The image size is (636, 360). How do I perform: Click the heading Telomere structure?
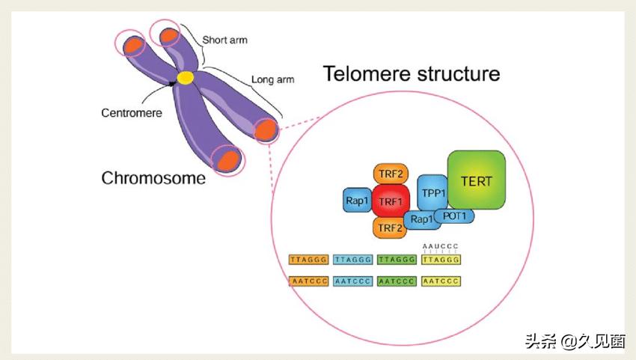411,75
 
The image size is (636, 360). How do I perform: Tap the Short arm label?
225,40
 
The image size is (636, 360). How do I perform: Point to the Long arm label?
272,79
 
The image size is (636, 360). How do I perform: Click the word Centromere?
132,113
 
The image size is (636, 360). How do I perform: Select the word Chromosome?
153,178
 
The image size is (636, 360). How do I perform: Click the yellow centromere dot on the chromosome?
185,77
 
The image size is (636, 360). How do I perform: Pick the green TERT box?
477,180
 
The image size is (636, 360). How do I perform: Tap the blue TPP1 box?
433,193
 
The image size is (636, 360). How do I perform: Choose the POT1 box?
454,216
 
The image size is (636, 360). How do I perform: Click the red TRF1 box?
390,201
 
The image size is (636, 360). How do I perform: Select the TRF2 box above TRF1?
391,174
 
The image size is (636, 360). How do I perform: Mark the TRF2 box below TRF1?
390,228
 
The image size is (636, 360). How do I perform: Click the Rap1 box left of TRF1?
357,200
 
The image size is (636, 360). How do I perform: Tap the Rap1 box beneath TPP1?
421,220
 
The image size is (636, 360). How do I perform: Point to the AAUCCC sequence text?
439,245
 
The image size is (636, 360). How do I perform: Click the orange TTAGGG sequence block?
308,260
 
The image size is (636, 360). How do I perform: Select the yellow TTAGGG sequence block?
441,260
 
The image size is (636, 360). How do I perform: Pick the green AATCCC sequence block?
397,281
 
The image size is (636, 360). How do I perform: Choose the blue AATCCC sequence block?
352,281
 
